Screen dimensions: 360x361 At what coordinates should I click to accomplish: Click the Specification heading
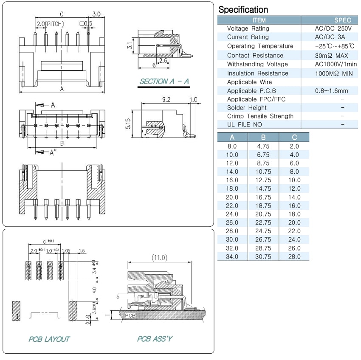(243, 9)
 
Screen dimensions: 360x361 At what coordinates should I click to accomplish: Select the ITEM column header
(259, 20)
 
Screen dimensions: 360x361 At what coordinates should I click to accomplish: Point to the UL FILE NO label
(245, 125)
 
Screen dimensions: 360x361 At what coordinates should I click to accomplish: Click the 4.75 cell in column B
(263, 146)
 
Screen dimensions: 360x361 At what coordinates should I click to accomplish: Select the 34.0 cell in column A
(232, 256)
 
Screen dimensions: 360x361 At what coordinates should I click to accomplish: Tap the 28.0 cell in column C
(294, 256)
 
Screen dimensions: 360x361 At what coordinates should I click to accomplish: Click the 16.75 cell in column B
(263, 197)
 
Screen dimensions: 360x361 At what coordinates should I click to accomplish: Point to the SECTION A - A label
(164, 82)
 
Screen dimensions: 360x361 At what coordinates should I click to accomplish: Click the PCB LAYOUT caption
(49, 339)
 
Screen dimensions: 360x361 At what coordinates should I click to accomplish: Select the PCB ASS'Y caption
(155, 339)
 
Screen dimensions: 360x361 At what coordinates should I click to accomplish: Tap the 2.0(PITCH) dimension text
(50, 24)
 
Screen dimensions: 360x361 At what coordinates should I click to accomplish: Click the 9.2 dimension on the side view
(166, 100)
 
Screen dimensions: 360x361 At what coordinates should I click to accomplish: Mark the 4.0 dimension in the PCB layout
(95, 291)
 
